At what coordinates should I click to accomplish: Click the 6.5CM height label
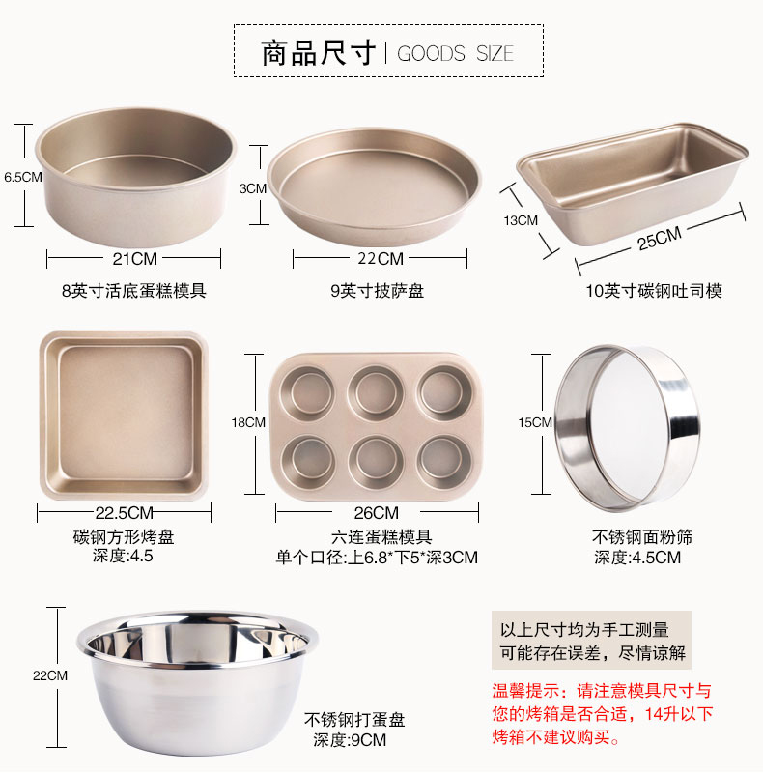[x=23, y=177]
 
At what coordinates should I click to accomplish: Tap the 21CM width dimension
[x=135, y=259]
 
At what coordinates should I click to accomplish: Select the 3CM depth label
[x=253, y=188]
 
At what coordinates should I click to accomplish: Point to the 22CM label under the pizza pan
[x=381, y=259]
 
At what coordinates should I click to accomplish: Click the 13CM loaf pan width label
[x=521, y=220]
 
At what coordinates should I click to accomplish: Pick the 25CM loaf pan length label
[x=660, y=238]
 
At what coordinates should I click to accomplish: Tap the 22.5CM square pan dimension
[x=125, y=513]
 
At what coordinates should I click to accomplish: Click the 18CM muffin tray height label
[x=248, y=422]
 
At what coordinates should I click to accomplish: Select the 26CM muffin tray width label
[x=376, y=513]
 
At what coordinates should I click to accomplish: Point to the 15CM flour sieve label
[x=535, y=422]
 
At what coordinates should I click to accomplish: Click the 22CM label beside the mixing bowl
[x=50, y=675]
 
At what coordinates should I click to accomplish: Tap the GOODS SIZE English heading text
[x=455, y=53]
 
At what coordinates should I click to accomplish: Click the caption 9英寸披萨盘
[x=377, y=291]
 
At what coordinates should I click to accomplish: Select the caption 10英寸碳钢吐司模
[x=654, y=291]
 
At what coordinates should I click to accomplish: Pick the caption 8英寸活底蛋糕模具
[x=133, y=291]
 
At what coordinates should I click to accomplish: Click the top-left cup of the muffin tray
[x=308, y=393]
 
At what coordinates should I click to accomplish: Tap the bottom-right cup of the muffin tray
[x=442, y=462]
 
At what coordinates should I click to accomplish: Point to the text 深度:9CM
[x=350, y=740]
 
